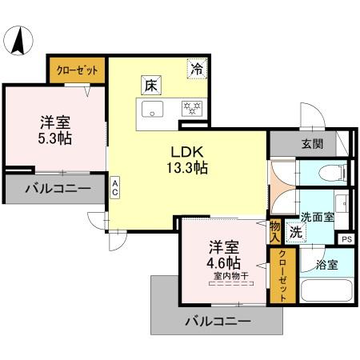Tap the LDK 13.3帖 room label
point(188,158)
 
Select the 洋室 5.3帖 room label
point(56,130)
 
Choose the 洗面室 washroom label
point(318,216)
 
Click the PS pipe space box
point(346,238)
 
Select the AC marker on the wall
point(115,187)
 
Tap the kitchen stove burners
point(191,107)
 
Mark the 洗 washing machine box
point(295,234)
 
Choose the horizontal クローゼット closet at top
point(78,70)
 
